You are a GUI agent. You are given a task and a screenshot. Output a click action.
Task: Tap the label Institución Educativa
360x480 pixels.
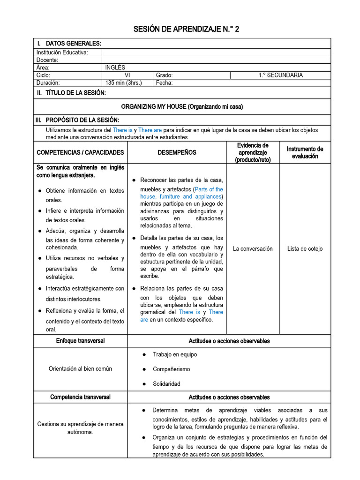click(x=62, y=52)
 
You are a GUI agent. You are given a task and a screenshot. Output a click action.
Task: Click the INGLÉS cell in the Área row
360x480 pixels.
click(x=115, y=67)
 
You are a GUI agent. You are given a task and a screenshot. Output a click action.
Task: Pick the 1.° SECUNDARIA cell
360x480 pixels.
click(x=280, y=75)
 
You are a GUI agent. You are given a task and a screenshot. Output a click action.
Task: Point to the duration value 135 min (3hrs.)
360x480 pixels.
click(x=123, y=82)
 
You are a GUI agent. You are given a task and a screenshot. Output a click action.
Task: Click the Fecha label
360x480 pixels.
click(x=164, y=82)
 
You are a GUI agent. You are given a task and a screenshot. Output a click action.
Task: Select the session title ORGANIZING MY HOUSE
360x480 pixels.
click(x=182, y=107)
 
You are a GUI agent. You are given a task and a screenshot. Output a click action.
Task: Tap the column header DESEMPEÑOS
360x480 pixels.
click(x=177, y=152)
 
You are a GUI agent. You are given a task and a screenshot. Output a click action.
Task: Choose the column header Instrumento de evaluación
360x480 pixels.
click(x=305, y=152)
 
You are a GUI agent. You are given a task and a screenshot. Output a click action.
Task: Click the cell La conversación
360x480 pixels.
click(x=253, y=249)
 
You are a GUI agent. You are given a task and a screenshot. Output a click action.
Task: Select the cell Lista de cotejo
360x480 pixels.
click(x=305, y=249)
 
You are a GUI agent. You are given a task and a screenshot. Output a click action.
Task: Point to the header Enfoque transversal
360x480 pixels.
click(x=80, y=341)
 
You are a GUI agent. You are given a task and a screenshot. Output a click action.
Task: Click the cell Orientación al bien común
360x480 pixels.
click(x=80, y=368)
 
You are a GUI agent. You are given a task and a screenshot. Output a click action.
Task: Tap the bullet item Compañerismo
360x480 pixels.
click(x=172, y=369)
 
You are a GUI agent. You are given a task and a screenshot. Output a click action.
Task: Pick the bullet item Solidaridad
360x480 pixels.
click(x=166, y=384)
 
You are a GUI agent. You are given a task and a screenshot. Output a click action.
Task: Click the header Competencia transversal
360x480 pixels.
click(x=80, y=397)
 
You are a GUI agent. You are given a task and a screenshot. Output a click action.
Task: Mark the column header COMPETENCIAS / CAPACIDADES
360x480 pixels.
click(x=80, y=152)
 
